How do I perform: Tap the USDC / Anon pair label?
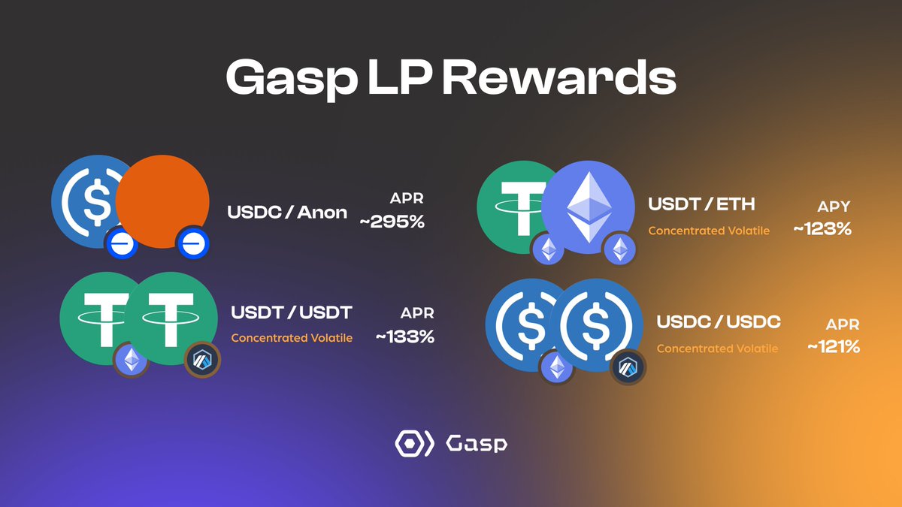click(287, 213)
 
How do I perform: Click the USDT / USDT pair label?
click(292, 312)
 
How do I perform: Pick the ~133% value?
click(404, 337)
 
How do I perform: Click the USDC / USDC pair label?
click(719, 322)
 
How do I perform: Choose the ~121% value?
click(834, 347)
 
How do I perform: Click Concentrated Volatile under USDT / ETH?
click(709, 230)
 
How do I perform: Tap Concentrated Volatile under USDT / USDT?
click(292, 338)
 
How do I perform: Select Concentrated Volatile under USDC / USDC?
click(717, 349)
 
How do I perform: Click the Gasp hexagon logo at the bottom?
click(414, 443)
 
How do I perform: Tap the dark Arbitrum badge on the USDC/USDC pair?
click(628, 367)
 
